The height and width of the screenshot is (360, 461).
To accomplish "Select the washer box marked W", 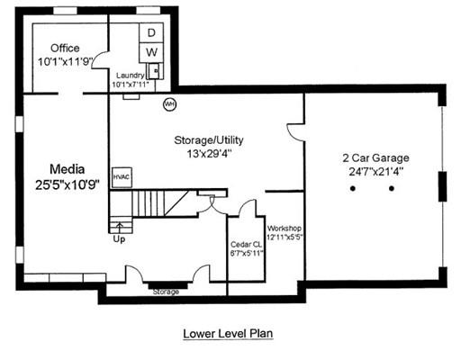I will click(x=152, y=52).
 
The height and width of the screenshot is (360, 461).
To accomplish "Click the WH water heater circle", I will click(x=168, y=104).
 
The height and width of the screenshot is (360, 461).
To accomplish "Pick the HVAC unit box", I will click(x=122, y=176).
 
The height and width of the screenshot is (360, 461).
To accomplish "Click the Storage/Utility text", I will click(x=208, y=140).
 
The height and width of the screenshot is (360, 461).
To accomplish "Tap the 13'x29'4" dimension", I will click(x=208, y=154).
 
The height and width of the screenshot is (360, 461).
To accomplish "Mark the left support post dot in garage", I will click(x=354, y=189).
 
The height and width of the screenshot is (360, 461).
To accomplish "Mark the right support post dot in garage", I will click(x=392, y=189).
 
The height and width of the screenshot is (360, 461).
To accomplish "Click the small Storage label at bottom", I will click(x=166, y=292).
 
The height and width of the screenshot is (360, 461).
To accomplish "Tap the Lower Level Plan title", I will click(x=228, y=332).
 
